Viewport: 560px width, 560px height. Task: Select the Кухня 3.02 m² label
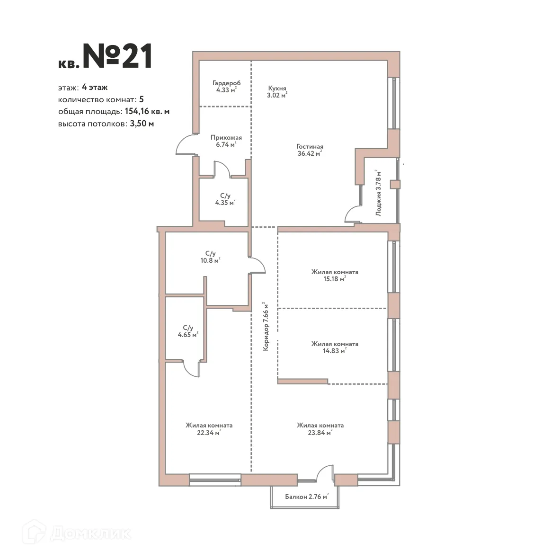[277, 92]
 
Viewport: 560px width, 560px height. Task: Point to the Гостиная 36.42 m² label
[310, 150]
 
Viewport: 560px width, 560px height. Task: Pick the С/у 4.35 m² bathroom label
[225, 199]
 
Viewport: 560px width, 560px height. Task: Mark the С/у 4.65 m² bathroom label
[188, 331]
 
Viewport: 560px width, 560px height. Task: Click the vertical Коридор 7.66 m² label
[266, 327]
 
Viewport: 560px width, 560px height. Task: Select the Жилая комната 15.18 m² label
[334, 276]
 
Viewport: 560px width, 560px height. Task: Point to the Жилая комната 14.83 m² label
[334, 347]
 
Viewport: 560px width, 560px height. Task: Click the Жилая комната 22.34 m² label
[209, 429]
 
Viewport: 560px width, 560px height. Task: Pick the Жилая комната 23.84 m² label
[320, 429]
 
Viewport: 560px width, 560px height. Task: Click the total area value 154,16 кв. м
[147, 112]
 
